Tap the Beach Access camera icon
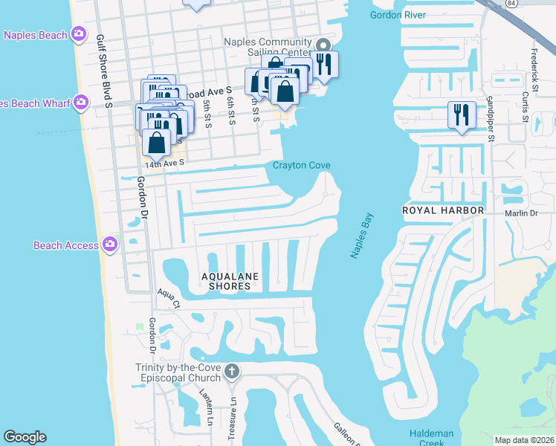pos(110,245)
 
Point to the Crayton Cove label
pos(301,166)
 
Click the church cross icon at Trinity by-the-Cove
pos(231,371)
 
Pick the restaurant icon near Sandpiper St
pos(462,114)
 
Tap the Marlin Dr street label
pos(522,213)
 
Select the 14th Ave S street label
pos(164,164)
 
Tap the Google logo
pos(25,436)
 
